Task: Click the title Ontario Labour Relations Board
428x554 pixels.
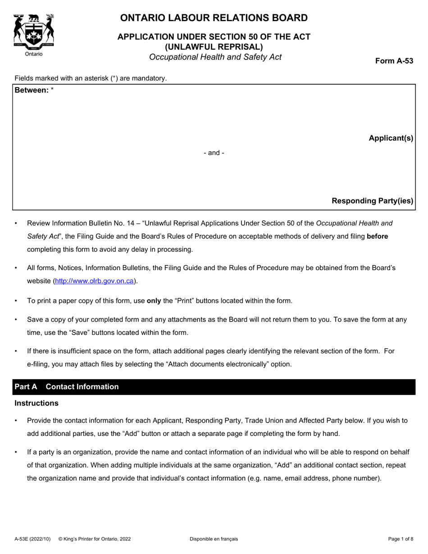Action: [x=214, y=18]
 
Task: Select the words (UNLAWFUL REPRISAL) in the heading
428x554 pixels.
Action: [x=214, y=46]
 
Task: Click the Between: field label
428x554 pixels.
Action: [x=32, y=90]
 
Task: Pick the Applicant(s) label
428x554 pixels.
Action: [x=391, y=138]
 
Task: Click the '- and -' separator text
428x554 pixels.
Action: [x=214, y=153]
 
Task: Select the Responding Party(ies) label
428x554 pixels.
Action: [x=372, y=201]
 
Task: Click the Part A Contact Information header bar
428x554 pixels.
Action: [x=214, y=387]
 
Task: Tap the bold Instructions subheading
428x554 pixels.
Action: [x=36, y=403]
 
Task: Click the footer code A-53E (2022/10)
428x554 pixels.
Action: [x=32, y=539]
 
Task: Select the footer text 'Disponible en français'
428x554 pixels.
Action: [x=214, y=539]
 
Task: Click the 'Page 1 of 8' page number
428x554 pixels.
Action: [x=401, y=539]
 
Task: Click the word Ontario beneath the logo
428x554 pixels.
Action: [x=33, y=54]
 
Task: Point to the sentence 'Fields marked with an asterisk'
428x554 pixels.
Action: [x=91, y=78]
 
